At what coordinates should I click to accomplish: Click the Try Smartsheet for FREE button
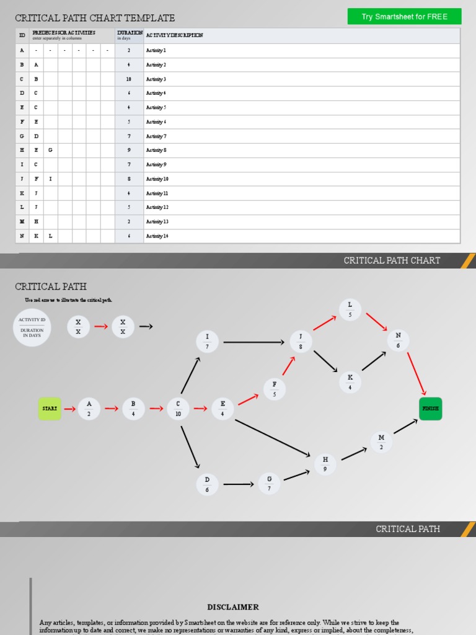pyautogui.click(x=404, y=17)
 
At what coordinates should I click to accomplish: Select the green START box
pyautogui.click(x=50, y=409)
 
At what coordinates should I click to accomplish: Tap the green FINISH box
pyautogui.click(x=430, y=409)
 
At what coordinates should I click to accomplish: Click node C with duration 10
pyautogui.click(x=178, y=409)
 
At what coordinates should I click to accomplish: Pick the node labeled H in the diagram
pyautogui.click(x=325, y=464)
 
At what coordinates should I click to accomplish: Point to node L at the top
pyautogui.click(x=350, y=309)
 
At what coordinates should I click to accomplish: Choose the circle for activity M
pyautogui.click(x=381, y=442)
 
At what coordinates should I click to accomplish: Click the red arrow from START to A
pyautogui.click(x=69, y=409)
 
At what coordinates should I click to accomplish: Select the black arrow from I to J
pyautogui.click(x=253, y=342)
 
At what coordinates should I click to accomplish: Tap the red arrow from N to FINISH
pyautogui.click(x=416, y=373)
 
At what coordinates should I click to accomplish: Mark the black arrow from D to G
pyautogui.click(x=239, y=484)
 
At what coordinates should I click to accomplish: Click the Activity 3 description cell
pyautogui.click(x=301, y=79)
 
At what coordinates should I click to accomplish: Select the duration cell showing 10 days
pyautogui.click(x=129, y=79)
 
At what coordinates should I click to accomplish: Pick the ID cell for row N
pyautogui.click(x=22, y=236)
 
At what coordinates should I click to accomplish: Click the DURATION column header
pyautogui.click(x=129, y=35)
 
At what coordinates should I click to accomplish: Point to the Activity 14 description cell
pyautogui.click(x=301, y=236)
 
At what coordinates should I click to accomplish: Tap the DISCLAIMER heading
pyautogui.click(x=233, y=607)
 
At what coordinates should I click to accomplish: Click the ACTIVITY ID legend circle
pyautogui.click(x=32, y=327)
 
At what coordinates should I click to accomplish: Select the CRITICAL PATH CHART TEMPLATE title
pyautogui.click(x=95, y=18)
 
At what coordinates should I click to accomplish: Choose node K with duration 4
pyautogui.click(x=350, y=382)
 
